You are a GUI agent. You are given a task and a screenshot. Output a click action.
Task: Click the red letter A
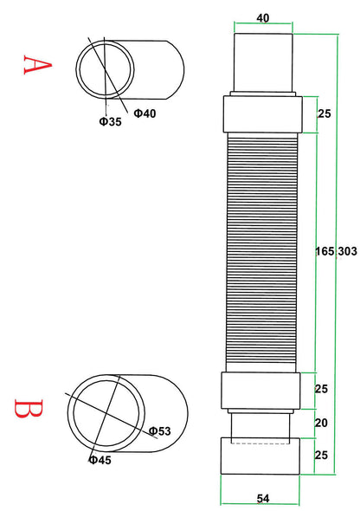[x=37, y=65]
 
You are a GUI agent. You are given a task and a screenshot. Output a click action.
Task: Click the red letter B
[x=29, y=408]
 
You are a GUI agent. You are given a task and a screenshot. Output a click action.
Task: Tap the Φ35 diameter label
[x=111, y=122]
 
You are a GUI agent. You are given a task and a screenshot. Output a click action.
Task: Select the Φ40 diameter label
[x=145, y=113]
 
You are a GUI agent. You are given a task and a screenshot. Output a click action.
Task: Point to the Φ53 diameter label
[x=160, y=431]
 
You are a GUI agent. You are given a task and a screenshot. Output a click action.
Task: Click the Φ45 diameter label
[x=100, y=460]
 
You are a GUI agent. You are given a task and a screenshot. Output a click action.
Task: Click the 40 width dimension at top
[x=263, y=18]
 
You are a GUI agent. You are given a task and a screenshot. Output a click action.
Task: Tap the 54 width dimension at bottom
[x=263, y=499]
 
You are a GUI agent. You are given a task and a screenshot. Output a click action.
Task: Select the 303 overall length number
[x=347, y=251]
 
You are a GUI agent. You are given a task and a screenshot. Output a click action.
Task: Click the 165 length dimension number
[x=325, y=251]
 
